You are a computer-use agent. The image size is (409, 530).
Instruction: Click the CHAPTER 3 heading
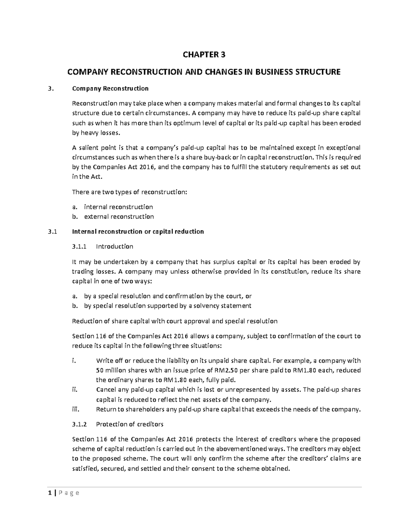(x=204, y=55)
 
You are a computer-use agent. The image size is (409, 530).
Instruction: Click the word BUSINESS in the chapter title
(x=273, y=72)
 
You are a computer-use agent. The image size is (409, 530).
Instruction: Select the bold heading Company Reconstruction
(x=110, y=89)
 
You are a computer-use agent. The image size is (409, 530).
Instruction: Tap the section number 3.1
(x=51, y=232)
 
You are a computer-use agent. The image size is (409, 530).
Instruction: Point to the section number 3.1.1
(x=80, y=247)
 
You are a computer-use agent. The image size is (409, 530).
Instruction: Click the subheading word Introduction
(x=115, y=247)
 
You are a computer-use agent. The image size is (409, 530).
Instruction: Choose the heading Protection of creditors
(x=130, y=424)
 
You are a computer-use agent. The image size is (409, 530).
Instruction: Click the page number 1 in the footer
(x=50, y=493)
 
